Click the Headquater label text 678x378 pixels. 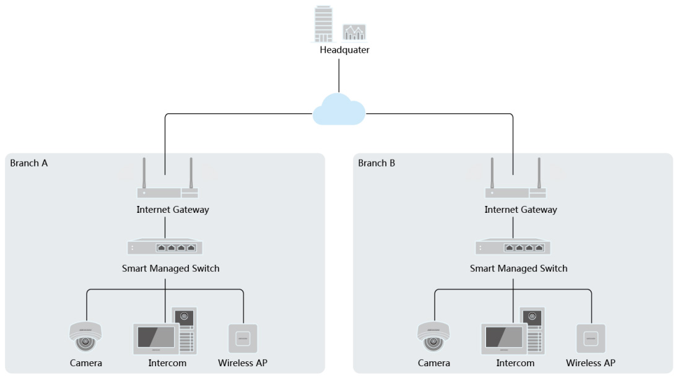pyautogui.click(x=344, y=49)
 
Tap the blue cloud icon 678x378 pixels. pyautogui.click(x=339, y=110)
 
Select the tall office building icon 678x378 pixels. pyautogui.click(x=323, y=24)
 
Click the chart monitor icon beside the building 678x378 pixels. pyautogui.click(x=354, y=32)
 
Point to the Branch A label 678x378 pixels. pyautogui.click(x=29, y=163)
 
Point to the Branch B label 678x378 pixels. pyautogui.click(x=376, y=163)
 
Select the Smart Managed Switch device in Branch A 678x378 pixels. pyautogui.click(x=165, y=246)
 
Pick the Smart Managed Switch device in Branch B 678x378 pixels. pyautogui.click(x=513, y=246)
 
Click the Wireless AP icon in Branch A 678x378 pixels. pyautogui.click(x=243, y=338)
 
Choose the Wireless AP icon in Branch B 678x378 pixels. pyautogui.click(x=591, y=338)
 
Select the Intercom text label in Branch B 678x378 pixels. pyautogui.click(x=515, y=363)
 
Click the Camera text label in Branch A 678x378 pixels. pyautogui.click(x=86, y=363)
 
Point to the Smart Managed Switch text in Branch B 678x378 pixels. pyautogui.click(x=518, y=268)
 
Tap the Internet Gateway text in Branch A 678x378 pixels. pyautogui.click(x=173, y=210)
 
